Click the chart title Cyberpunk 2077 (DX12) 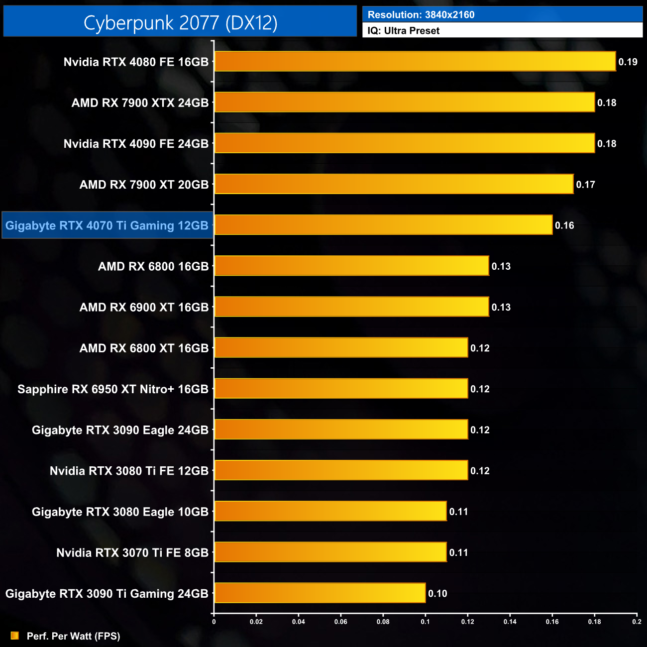(180, 22)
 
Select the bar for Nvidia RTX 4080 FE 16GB (415, 61)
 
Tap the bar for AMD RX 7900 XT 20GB (394, 184)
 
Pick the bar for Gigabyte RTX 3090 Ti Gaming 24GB (320, 593)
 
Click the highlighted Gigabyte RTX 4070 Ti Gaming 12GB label (107, 225)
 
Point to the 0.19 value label (628, 62)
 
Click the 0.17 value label (585, 185)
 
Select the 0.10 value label (437, 593)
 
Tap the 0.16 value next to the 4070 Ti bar (564, 225)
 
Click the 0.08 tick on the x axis (383, 622)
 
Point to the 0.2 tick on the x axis (637, 622)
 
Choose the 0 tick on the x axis (214, 622)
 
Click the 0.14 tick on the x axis (510, 622)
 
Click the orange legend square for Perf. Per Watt (15, 636)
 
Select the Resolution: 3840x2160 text (421, 14)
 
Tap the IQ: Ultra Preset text (404, 30)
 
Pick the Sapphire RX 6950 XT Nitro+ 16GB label (113, 389)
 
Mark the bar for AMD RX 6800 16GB (351, 266)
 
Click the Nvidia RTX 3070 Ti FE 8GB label (132, 552)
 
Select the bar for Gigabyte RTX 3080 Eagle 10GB (330, 511)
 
